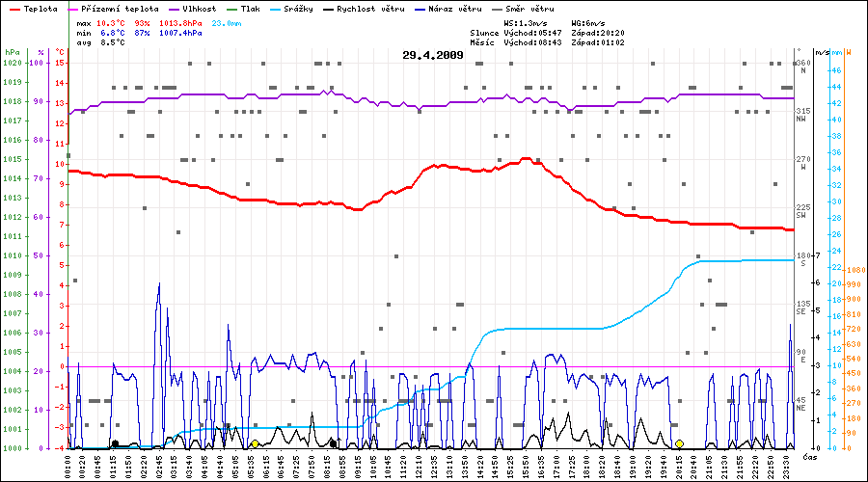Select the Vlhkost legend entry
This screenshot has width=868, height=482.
pos(199,8)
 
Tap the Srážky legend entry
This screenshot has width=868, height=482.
pos(293,8)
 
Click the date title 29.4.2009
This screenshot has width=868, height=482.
pos(433,55)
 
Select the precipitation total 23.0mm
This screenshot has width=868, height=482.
pos(227,21)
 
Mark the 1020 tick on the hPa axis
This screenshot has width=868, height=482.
pos(13,63)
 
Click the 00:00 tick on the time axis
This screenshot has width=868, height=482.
pos(68,467)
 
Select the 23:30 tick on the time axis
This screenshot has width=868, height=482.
pos(787,467)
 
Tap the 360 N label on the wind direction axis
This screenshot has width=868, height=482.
pos(801,67)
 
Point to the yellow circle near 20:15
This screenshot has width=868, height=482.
pos(679,443)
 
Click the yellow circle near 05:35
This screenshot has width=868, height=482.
pos(255,443)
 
